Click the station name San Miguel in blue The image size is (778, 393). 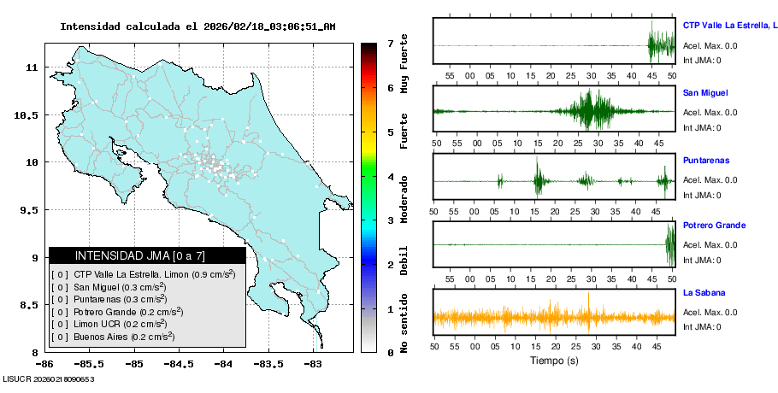pos(705,92)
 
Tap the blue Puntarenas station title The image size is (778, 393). pos(705,160)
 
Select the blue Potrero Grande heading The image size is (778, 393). pos(714,226)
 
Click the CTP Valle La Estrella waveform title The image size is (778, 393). pos(728,26)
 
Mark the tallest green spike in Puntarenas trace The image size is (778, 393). pos(537,175)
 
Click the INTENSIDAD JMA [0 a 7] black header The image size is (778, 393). pos(147,255)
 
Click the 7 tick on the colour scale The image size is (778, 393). pos(390,43)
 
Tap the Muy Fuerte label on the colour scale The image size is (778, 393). pos(404,63)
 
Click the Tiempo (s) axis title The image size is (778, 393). pos(554,360)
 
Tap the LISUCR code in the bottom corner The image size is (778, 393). pos(48,378)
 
